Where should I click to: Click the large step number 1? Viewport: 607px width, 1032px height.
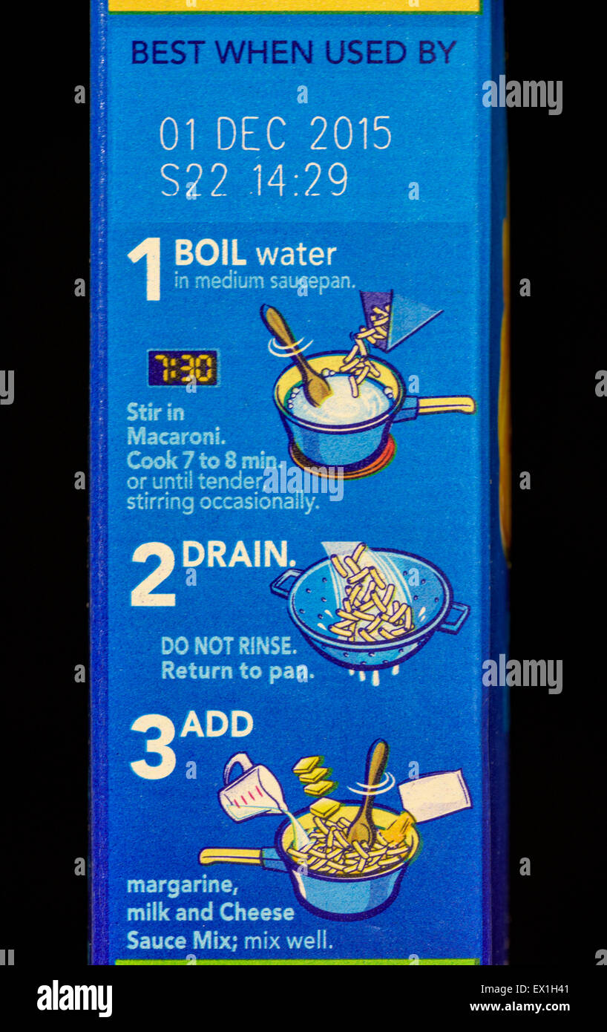pos(146,269)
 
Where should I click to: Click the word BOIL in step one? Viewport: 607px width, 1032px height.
pos(210,254)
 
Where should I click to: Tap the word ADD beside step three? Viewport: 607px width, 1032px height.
pos(217,725)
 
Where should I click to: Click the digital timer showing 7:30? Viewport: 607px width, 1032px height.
pos(183,368)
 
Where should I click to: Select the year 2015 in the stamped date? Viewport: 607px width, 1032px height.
pos(350,134)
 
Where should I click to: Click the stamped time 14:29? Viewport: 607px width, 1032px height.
pos(300,180)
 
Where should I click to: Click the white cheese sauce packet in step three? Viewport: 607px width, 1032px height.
pos(435,794)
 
